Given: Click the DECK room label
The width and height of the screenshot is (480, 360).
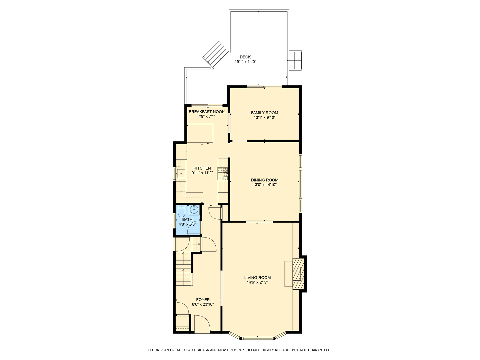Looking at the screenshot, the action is click(245, 57).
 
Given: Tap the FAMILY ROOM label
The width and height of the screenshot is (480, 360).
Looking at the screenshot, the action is click(264, 113).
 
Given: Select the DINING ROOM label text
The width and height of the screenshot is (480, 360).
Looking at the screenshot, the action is click(264, 180).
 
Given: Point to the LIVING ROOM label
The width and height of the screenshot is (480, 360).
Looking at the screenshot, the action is click(257, 278).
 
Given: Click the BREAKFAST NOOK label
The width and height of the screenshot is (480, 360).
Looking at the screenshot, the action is click(207, 112).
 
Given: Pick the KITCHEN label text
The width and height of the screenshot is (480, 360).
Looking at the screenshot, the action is click(202, 168).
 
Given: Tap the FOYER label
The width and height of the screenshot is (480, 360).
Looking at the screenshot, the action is click(203, 300).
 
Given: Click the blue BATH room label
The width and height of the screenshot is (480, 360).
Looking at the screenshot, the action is click(187, 219).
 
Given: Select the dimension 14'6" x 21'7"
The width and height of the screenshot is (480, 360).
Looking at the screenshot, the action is click(257, 282).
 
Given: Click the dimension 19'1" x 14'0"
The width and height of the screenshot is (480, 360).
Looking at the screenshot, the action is click(245, 62).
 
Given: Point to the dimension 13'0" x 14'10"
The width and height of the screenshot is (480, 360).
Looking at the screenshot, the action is click(265, 185).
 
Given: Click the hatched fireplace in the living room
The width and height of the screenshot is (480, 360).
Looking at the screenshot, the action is click(298, 274).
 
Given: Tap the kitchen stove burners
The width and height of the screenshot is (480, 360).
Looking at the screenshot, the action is click(223, 174).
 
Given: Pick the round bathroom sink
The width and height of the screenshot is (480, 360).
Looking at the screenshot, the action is click(194, 210).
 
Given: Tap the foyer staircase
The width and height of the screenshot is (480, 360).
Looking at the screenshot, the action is click(184, 268).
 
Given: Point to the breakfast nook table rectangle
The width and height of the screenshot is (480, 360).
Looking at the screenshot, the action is click(200, 133).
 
